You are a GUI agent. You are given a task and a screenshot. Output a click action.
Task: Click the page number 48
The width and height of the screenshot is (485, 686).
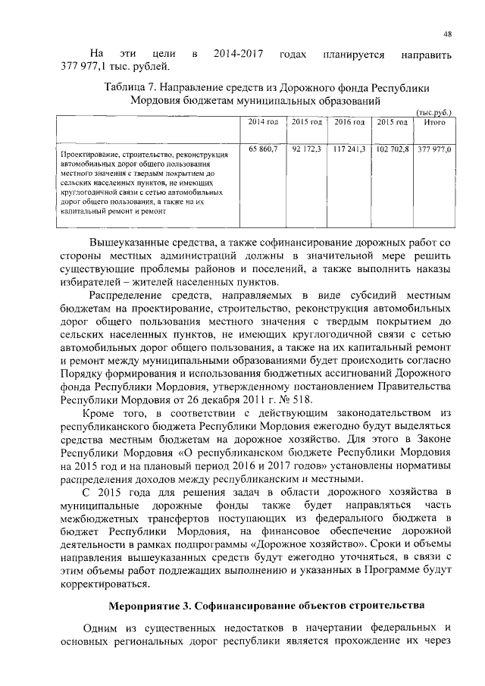click(448, 33)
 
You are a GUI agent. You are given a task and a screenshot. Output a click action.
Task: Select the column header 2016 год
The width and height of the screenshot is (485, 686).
click(350, 122)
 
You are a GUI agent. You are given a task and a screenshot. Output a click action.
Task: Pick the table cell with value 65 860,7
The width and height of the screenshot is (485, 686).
click(264, 150)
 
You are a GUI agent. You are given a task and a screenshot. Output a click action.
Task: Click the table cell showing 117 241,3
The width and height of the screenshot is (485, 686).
click(350, 150)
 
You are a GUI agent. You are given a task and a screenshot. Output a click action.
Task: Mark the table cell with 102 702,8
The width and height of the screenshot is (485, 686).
click(393, 150)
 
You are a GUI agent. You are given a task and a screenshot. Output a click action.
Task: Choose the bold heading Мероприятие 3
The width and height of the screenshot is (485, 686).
click(149, 609)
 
